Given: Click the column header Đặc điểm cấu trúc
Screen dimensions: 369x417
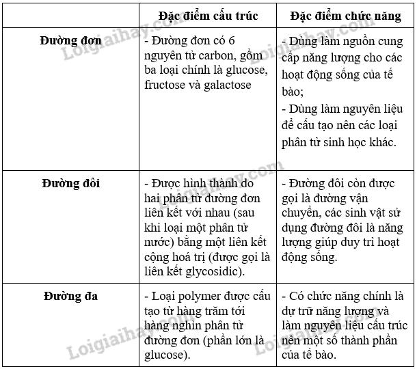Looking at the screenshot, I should tap(208, 15).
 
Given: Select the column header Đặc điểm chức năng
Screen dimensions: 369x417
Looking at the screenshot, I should tap(345, 15).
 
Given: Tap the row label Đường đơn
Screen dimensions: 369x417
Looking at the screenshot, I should tap(71, 40).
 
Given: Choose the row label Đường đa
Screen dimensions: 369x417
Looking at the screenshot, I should tap(70, 296).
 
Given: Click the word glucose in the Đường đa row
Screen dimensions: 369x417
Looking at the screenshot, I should tap(165, 355).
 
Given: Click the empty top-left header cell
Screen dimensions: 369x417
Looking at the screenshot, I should tap(70, 15).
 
